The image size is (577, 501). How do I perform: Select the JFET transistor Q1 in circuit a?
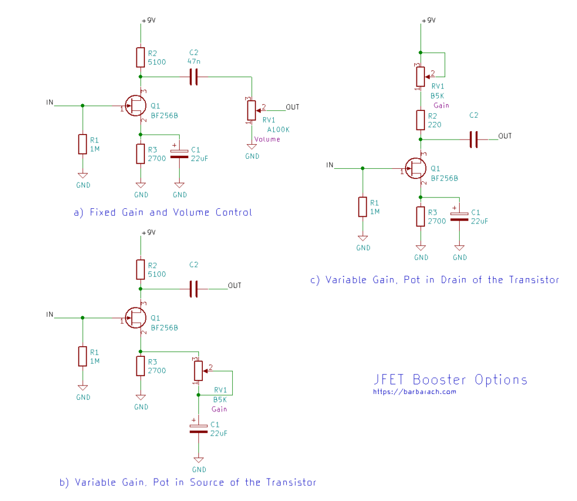pyautogui.click(x=136, y=105)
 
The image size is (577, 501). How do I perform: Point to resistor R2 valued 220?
pyautogui.click(x=420, y=120)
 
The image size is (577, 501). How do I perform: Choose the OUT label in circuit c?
pyautogui.click(x=505, y=136)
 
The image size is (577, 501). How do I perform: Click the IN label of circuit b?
pyautogui.click(x=50, y=315)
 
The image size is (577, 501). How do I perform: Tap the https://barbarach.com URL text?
pyautogui.click(x=415, y=392)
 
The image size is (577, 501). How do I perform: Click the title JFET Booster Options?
pyautogui.click(x=451, y=379)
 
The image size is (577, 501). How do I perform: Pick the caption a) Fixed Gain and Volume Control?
pyautogui.click(x=163, y=212)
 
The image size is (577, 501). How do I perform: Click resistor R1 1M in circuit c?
pyautogui.click(x=363, y=207)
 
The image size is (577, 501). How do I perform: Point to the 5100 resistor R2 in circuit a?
pyautogui.click(x=140, y=57)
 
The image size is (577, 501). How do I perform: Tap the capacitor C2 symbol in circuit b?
pyautogui.click(x=194, y=288)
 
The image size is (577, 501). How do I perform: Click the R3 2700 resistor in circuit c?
pyautogui.click(x=420, y=216)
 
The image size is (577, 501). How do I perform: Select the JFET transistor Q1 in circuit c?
pyautogui.click(x=417, y=168)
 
